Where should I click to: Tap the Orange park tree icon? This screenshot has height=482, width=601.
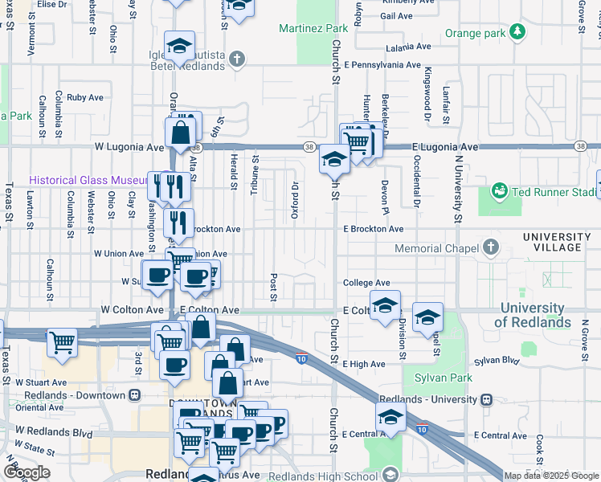tap(519, 33)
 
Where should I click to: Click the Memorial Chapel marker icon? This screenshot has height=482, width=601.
tap(490, 248)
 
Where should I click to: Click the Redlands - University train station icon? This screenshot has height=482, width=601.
tap(485, 399)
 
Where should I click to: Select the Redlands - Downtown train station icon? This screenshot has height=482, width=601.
tap(133, 396)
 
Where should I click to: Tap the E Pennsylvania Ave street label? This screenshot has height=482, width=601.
tap(382, 64)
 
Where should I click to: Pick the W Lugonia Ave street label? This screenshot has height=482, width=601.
tap(129, 147)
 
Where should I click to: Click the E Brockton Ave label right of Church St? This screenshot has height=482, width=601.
tap(373, 229)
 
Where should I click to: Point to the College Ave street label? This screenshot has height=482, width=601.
tap(366, 283)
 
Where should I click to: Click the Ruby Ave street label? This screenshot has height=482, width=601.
tap(84, 97)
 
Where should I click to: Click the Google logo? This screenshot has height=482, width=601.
tap(27, 472)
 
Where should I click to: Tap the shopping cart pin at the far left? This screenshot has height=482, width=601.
tap(61, 342)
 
